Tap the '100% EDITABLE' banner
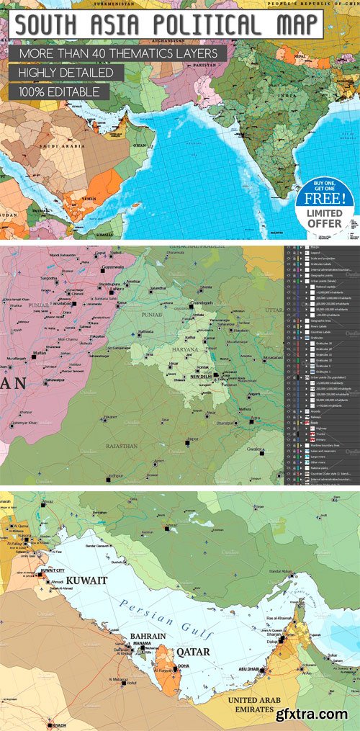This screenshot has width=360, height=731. [60, 92]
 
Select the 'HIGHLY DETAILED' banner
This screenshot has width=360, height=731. [66, 73]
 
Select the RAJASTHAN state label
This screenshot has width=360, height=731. [121, 446]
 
